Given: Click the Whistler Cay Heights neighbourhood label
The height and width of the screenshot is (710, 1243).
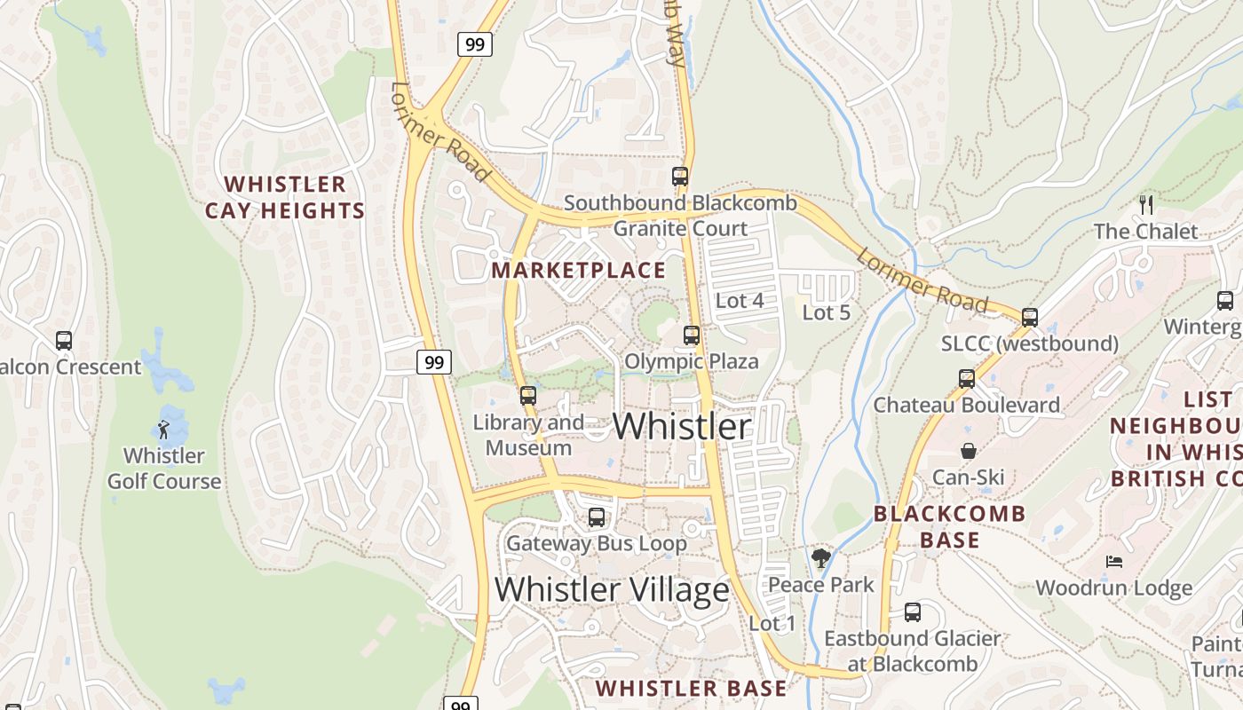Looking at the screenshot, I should (x=285, y=197).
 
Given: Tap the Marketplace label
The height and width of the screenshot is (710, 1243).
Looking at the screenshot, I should (x=578, y=270).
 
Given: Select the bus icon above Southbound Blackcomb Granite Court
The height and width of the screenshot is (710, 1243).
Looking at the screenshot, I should (x=680, y=176).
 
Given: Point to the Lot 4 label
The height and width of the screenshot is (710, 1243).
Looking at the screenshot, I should (x=740, y=301).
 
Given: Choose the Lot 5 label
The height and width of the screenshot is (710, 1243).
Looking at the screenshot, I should (x=826, y=312).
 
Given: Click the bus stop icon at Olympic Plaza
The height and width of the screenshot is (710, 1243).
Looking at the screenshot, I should (x=692, y=335).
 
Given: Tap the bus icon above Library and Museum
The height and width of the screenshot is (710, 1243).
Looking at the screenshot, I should (x=528, y=395).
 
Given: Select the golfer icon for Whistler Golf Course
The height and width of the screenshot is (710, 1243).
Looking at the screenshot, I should (x=163, y=430).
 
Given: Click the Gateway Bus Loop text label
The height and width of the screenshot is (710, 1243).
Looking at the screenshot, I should (x=596, y=543).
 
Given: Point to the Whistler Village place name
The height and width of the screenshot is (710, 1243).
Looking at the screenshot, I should (x=612, y=589).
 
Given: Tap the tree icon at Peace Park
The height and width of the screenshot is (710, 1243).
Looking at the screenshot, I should (x=820, y=558).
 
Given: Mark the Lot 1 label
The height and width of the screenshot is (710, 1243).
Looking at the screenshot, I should (x=772, y=623).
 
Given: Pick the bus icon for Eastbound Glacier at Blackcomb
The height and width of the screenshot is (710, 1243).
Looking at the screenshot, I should (x=912, y=611).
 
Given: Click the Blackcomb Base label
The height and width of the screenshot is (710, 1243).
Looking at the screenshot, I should (x=949, y=526).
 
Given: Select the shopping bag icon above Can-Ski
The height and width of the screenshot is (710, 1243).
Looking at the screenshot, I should (x=969, y=451).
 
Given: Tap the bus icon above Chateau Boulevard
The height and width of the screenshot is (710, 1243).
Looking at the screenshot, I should (x=967, y=379).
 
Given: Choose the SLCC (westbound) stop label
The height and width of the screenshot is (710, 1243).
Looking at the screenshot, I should (x=1030, y=343).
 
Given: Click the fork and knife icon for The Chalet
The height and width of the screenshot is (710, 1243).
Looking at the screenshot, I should (x=1146, y=205).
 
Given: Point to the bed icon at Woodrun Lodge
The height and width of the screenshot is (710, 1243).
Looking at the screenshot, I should (x=1113, y=562).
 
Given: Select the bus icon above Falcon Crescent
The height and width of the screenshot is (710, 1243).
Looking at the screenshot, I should (x=64, y=340).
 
